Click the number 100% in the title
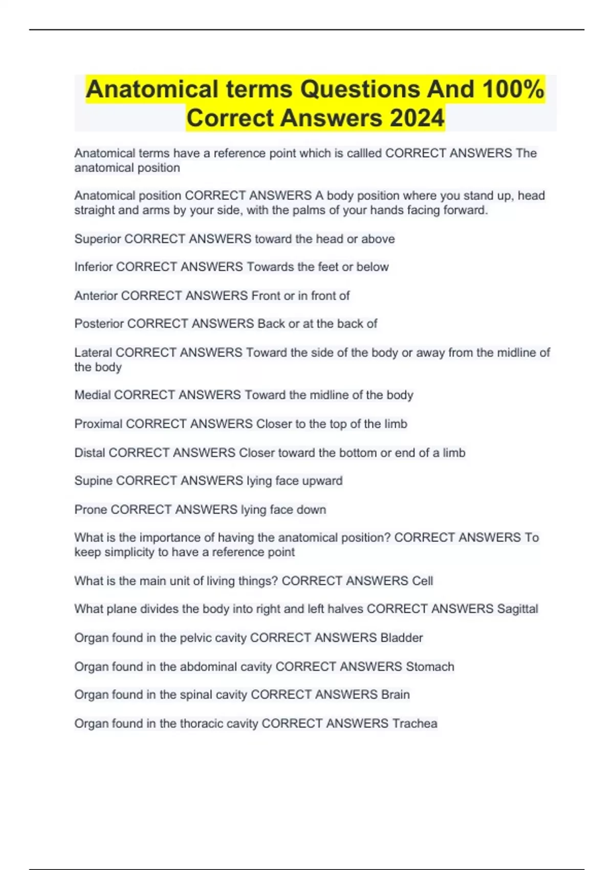[513, 90]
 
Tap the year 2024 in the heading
[417, 118]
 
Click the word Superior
[97, 239]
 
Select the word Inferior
[94, 267]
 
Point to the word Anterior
[96, 296]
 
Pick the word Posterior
[99, 324]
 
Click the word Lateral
[93, 353]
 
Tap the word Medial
[92, 395]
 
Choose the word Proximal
[98, 424]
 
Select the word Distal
[90, 453]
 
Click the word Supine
[93, 481]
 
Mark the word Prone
[91, 510]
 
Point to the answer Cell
[423, 581]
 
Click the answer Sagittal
[517, 609]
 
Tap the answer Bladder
[402, 638]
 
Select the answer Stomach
[430, 667]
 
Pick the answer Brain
[396, 695]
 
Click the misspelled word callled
[363, 153]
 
